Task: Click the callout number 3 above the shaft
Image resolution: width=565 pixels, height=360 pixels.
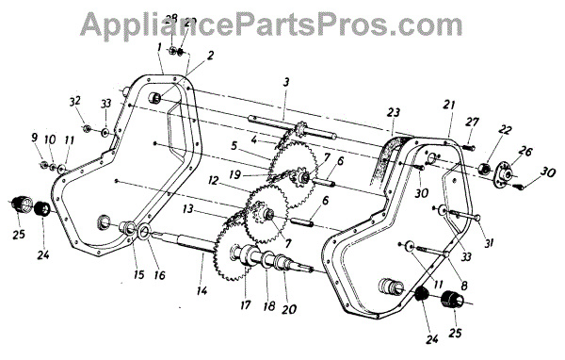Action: (x=285, y=83)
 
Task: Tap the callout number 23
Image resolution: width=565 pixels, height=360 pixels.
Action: (x=393, y=113)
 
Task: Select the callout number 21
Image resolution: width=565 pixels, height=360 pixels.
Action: (x=449, y=106)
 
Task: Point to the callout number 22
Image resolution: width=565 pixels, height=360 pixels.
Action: (x=504, y=129)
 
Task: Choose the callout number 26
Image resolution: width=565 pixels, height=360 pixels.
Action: (x=525, y=151)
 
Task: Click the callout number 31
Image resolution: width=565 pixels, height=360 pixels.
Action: (x=489, y=244)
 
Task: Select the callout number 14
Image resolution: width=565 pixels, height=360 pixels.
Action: (x=202, y=290)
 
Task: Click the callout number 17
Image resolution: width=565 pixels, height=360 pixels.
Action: (x=245, y=304)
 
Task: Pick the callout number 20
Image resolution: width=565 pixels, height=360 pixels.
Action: (x=289, y=309)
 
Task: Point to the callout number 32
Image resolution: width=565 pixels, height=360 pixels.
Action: (x=75, y=102)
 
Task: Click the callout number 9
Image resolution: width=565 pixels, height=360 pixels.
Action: (x=34, y=138)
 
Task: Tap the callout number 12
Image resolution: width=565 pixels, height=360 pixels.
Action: (x=214, y=180)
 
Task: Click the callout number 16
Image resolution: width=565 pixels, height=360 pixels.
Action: (x=159, y=275)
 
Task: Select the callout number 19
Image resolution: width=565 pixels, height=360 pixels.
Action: (x=234, y=175)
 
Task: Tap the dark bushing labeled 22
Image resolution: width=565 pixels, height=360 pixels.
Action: (x=485, y=169)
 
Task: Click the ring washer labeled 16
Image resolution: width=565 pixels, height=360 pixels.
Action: (x=144, y=230)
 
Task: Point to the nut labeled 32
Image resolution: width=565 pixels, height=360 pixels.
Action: (x=87, y=128)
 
